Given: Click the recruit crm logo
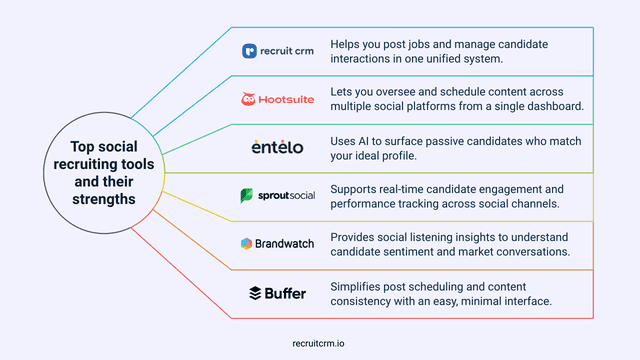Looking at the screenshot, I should click(x=277, y=51).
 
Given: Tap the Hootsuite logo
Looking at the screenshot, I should click(x=277, y=99).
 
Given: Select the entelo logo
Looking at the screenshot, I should click(x=277, y=147).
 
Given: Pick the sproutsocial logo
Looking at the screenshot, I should click(x=277, y=195).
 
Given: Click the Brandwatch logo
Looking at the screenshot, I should click(x=277, y=243).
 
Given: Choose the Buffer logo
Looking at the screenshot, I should click(x=277, y=292).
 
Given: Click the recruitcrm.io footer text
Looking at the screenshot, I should click(x=320, y=341).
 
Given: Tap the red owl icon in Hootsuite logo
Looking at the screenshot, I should click(x=248, y=99).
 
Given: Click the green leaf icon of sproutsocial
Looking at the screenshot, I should click(x=246, y=195).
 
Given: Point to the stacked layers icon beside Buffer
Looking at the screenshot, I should click(x=255, y=292).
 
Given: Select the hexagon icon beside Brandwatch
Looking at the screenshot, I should click(x=246, y=243).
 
